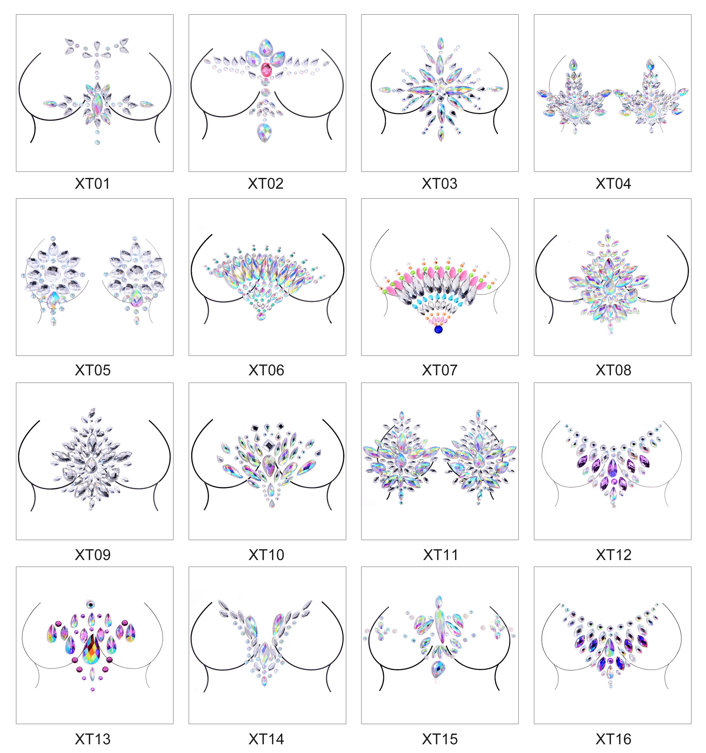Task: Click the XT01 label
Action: click(x=92, y=184)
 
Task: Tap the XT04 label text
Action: click(x=613, y=184)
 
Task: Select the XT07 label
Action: click(x=440, y=370)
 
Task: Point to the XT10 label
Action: click(x=266, y=555)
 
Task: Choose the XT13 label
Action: click(x=92, y=739)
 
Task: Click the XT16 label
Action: click(x=613, y=739)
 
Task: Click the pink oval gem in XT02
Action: click(x=266, y=69)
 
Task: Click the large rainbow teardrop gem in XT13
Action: click(x=91, y=650)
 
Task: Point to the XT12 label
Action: click(x=613, y=555)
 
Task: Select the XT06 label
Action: click(x=266, y=370)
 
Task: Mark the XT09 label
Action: click(x=92, y=555)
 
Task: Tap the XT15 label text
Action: click(x=440, y=739)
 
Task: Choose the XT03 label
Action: click(x=440, y=184)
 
